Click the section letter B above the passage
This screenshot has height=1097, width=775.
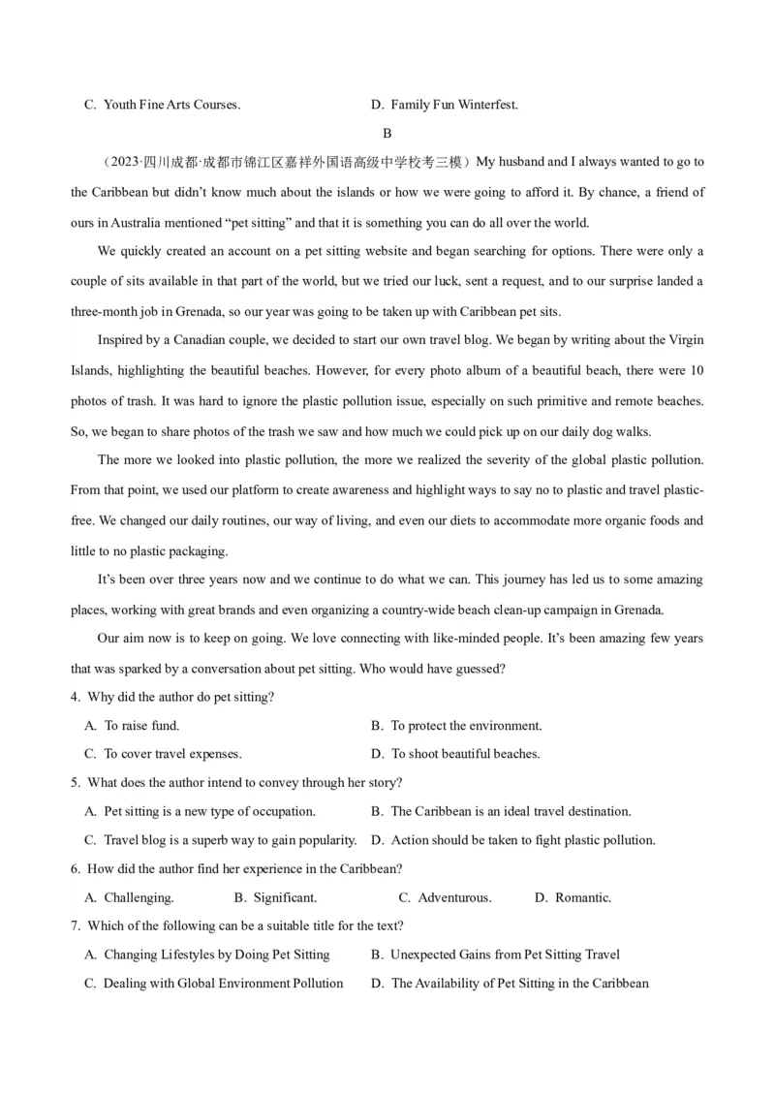(387, 134)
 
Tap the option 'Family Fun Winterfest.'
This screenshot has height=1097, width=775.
(454, 105)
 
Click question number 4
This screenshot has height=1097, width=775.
(75, 697)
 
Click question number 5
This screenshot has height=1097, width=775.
(75, 782)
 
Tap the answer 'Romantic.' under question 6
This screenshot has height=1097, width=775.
(582, 897)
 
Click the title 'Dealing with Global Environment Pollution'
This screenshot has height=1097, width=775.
(223, 983)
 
